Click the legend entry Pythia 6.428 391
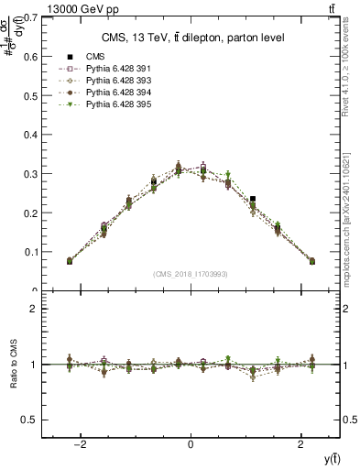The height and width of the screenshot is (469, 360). (111, 69)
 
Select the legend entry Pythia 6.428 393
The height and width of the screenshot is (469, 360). (111, 81)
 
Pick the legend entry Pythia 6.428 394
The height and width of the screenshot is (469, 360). (111, 93)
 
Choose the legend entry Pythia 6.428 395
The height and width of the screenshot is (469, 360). (111, 104)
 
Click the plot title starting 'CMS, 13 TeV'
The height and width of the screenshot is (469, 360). (191, 38)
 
